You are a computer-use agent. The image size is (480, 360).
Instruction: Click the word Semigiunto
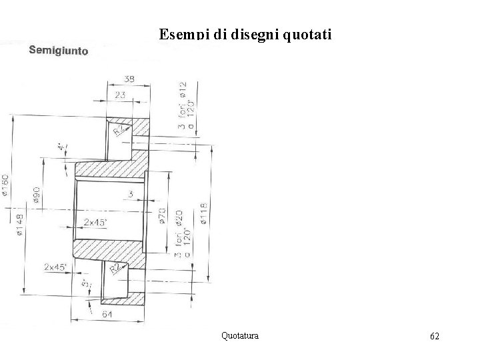click(x=58, y=51)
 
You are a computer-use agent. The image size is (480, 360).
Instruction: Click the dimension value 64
click(x=107, y=314)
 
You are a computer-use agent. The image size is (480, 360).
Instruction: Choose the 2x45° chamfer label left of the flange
click(x=56, y=267)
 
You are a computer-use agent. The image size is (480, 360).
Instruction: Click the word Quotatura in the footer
click(x=240, y=335)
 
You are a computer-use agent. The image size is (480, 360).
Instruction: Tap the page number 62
click(x=434, y=336)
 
